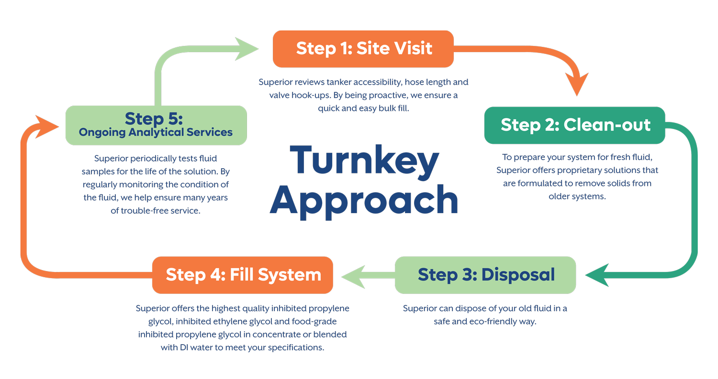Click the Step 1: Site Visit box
coord(363,49)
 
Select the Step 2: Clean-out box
coord(574,125)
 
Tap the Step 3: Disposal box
coord(485,275)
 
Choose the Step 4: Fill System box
coord(243,275)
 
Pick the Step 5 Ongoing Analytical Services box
coord(156,125)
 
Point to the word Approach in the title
coord(364,201)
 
